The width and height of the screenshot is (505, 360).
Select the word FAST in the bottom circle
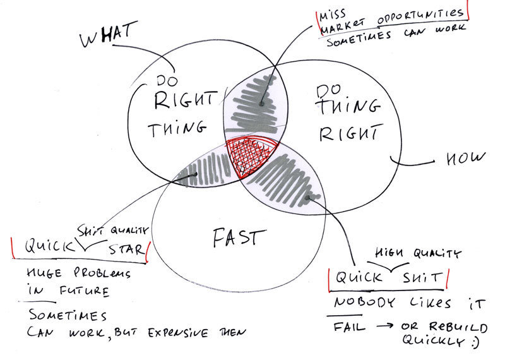[x=234, y=238]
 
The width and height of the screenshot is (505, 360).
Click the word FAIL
[x=347, y=327]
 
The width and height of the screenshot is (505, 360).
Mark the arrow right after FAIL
[x=383, y=327]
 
